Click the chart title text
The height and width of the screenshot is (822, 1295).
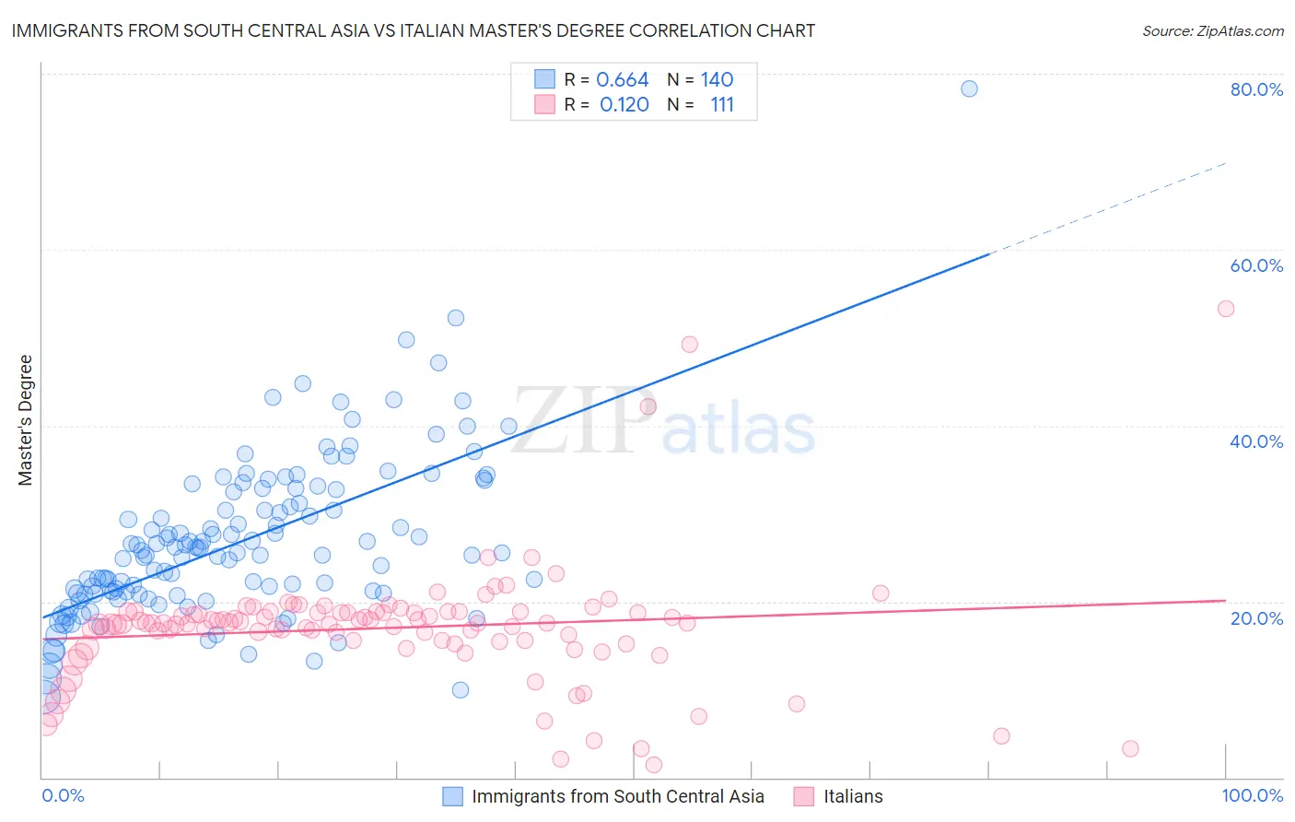(413, 30)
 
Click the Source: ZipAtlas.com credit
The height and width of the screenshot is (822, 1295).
(1212, 30)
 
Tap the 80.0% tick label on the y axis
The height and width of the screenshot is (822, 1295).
(1256, 89)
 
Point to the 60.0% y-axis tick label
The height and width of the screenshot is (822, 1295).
(1256, 265)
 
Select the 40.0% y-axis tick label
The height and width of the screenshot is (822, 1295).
(1256, 441)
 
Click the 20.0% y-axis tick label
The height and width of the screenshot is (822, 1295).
(1256, 617)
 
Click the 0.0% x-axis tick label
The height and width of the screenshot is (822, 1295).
(63, 795)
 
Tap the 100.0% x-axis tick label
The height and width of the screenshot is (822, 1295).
(1252, 795)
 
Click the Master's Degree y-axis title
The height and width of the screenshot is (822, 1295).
(25, 420)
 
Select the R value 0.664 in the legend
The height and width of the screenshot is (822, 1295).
(623, 79)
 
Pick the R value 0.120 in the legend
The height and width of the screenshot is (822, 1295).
(624, 104)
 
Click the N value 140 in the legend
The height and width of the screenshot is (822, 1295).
(717, 79)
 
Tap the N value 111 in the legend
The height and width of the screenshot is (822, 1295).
(722, 104)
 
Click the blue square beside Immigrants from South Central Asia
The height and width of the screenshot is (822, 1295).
(452, 796)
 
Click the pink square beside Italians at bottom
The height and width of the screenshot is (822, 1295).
(804, 796)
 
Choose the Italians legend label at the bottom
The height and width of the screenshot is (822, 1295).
(853, 796)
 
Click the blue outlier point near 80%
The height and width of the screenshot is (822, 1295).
(969, 88)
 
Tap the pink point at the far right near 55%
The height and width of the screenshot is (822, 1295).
(1225, 309)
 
